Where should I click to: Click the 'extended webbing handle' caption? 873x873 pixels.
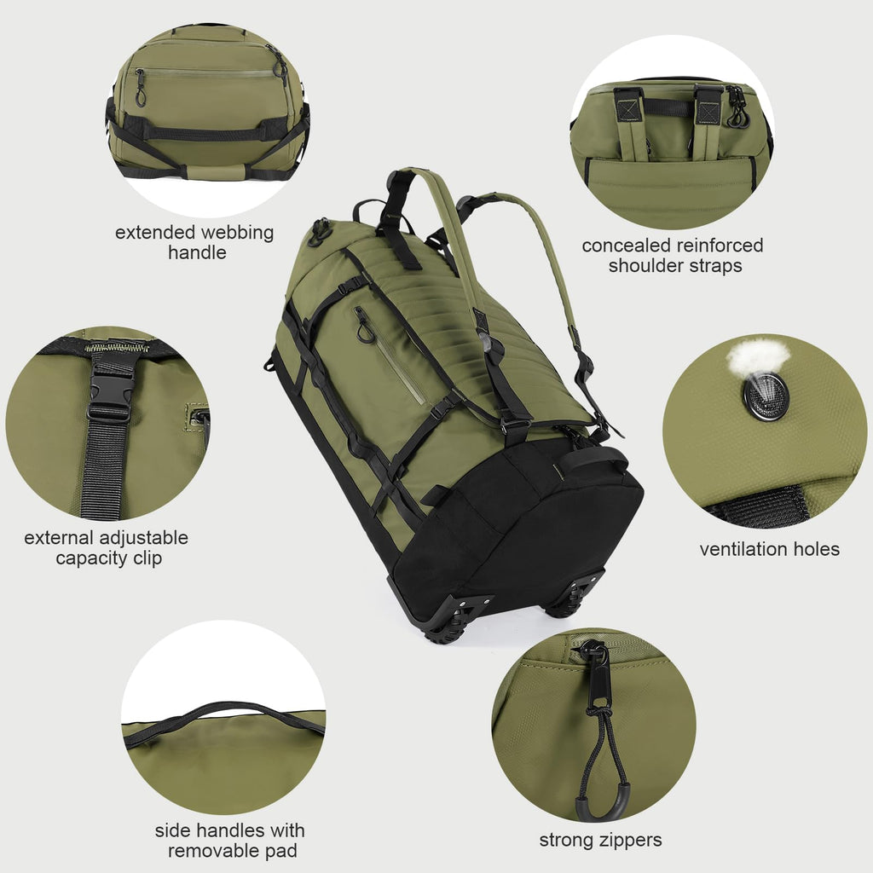[x=196, y=242]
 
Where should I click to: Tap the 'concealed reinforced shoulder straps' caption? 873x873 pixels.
[x=673, y=256]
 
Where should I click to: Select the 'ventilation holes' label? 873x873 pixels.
[x=769, y=550]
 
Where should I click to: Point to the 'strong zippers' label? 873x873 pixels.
[x=600, y=841]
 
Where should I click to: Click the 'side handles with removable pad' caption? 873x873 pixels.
[x=229, y=841]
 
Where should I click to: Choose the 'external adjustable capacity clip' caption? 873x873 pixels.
[x=107, y=548]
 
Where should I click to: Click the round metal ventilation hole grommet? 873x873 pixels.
[x=766, y=396]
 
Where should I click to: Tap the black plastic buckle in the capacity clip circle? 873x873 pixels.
[x=111, y=388]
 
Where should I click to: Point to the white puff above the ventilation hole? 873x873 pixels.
[x=757, y=356]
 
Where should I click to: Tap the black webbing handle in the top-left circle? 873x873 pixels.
[x=209, y=133]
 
